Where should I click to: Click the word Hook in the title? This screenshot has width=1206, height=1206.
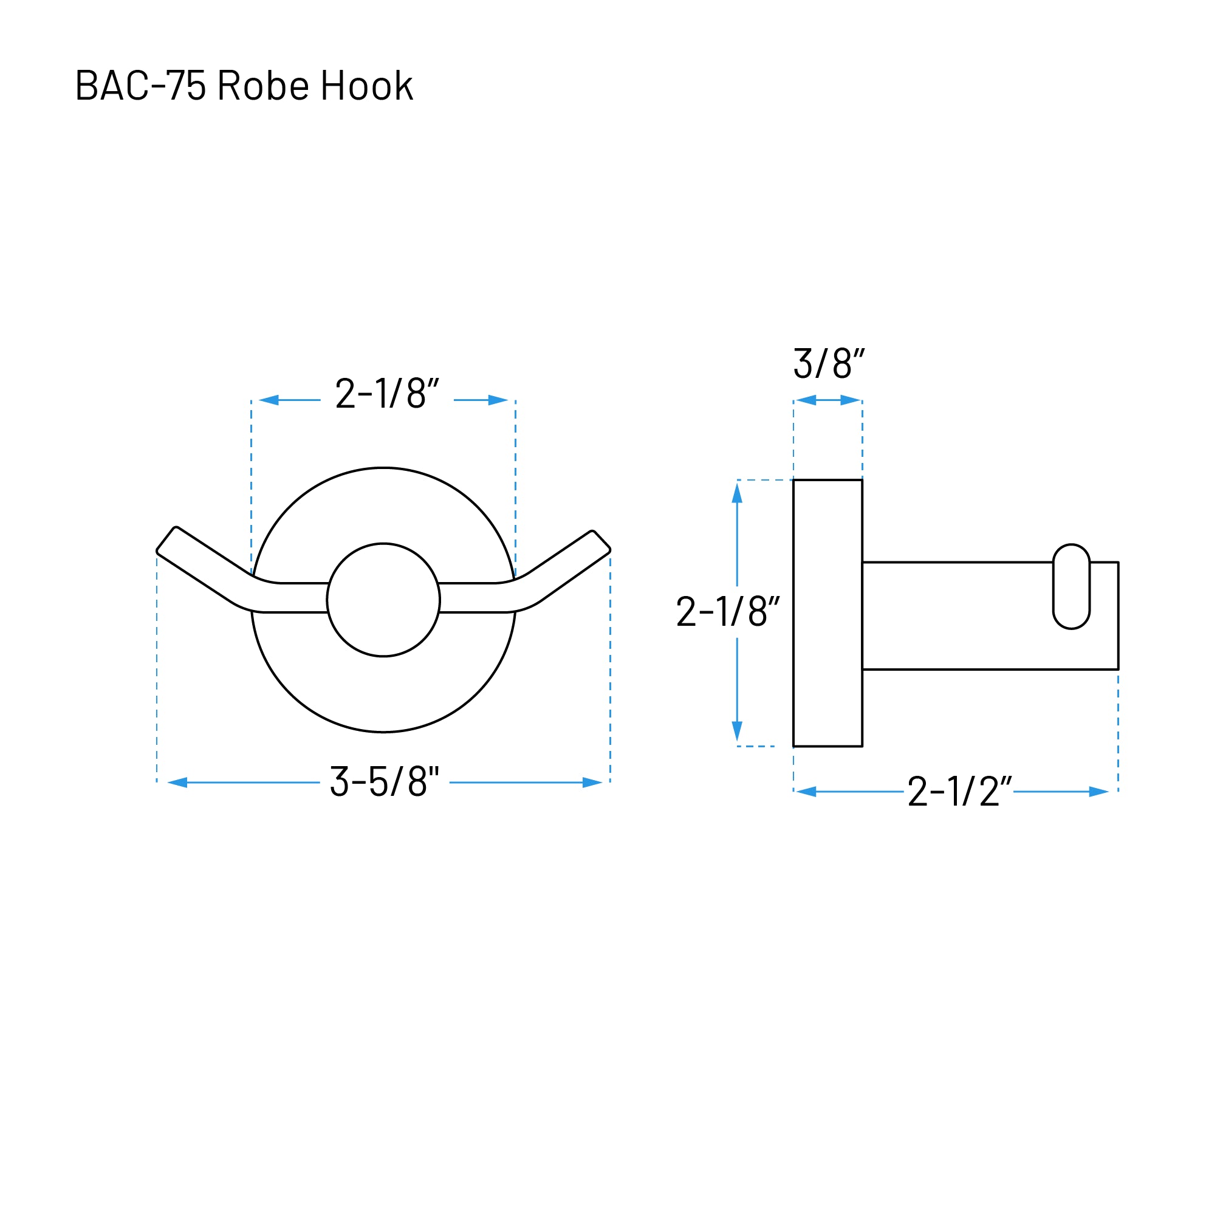[x=366, y=86]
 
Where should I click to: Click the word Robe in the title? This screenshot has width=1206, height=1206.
[x=263, y=86]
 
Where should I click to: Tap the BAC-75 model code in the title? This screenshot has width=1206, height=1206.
[x=140, y=86]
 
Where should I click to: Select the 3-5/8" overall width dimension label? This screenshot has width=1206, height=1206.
[x=385, y=781]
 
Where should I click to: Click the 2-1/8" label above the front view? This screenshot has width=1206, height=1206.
[x=387, y=394]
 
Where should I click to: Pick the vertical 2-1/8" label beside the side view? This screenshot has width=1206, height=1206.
[x=728, y=612]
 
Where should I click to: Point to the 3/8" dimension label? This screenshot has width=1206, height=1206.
[x=828, y=364]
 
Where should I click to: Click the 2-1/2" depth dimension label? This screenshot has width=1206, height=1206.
[x=959, y=792]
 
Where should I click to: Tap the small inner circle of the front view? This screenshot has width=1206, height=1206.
[x=383, y=600]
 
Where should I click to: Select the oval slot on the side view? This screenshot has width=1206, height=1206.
[x=1072, y=587]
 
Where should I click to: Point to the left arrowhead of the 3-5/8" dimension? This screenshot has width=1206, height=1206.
[x=178, y=782]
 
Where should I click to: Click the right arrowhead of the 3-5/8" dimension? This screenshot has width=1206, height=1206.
[x=592, y=782]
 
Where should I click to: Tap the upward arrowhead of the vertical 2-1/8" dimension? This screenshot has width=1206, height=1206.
[x=737, y=493]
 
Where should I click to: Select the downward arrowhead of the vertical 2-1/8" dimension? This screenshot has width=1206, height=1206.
[x=737, y=730]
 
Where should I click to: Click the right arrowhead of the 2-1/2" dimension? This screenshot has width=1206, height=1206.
[x=1098, y=792]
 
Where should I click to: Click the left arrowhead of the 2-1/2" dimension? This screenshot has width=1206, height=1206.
[x=806, y=792]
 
